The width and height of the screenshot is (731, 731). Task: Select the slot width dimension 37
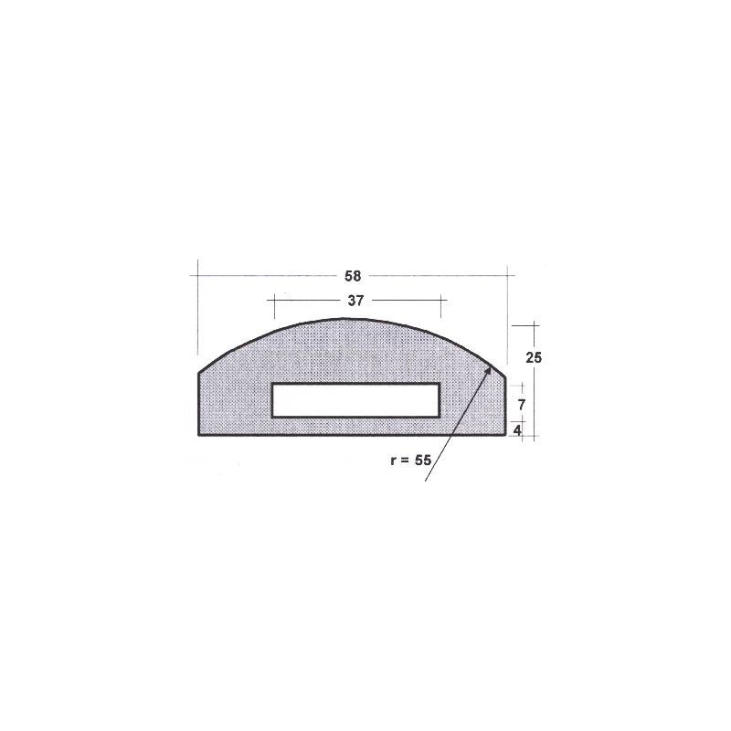[357, 300]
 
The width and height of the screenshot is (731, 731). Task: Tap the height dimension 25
[535, 357]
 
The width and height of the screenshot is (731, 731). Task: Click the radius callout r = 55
[409, 461]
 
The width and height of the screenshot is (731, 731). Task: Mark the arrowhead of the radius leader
[491, 367]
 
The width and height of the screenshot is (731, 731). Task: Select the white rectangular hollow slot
[356, 400]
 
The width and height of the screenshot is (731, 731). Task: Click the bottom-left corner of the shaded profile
[199, 435]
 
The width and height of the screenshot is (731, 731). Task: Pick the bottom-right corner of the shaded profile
[508, 435]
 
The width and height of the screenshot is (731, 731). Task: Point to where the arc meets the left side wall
[199, 372]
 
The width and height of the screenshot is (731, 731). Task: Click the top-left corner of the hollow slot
[272, 384]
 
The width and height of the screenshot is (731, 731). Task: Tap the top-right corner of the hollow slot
[440, 384]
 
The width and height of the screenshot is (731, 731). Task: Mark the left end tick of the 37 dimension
[271, 300]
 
